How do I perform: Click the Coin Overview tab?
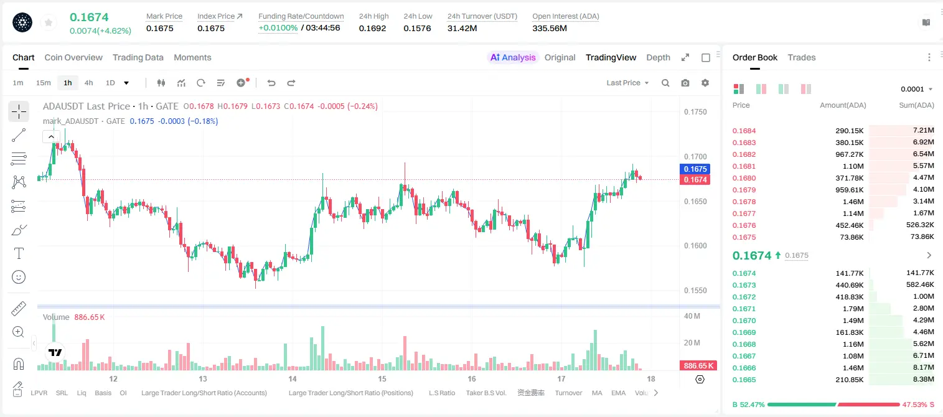click(x=73, y=57)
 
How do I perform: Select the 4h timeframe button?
click(x=88, y=83)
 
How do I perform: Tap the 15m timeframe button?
click(x=43, y=83)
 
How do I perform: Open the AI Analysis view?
click(x=513, y=57)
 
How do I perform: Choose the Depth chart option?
click(x=658, y=57)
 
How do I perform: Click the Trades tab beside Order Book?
click(x=802, y=57)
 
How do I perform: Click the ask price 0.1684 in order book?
click(x=744, y=131)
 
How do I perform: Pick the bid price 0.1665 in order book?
click(x=744, y=380)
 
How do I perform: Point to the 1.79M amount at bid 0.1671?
click(x=853, y=309)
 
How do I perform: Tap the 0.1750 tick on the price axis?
click(x=695, y=112)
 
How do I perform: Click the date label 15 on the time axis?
click(x=382, y=378)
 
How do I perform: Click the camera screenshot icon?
click(x=685, y=83)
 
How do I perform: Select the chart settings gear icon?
click(x=705, y=83)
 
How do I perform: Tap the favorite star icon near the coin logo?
click(x=49, y=22)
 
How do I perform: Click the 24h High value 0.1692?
click(x=372, y=28)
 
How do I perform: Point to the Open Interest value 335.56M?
click(x=550, y=28)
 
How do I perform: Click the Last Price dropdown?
click(x=627, y=83)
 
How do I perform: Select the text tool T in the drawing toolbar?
click(x=19, y=253)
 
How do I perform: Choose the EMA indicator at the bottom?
click(x=618, y=393)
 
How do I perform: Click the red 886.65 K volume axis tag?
click(x=698, y=366)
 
